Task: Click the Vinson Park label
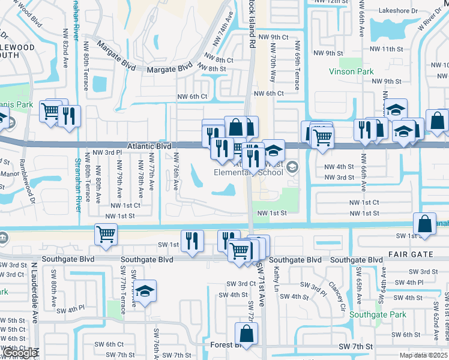351,71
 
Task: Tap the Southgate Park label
378,314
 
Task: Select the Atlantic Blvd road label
149,146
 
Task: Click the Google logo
19,353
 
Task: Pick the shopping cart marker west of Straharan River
50,110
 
